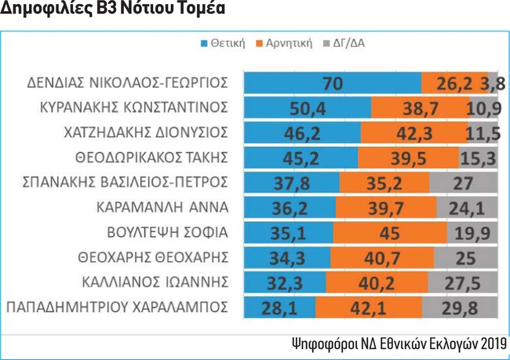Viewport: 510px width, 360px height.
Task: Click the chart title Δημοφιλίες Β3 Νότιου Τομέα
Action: (x=115, y=11)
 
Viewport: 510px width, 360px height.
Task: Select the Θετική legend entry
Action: (x=227, y=44)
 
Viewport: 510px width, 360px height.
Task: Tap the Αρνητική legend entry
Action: (x=290, y=44)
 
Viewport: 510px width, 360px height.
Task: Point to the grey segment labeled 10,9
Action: (x=482, y=107)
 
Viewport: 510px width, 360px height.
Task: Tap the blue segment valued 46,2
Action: (x=301, y=133)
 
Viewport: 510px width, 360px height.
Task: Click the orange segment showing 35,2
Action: (x=384, y=183)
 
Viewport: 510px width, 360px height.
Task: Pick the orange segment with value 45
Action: (x=389, y=233)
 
